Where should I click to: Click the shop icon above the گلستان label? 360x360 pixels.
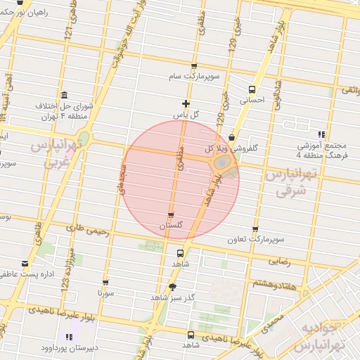pyautogui.click(x=171, y=214)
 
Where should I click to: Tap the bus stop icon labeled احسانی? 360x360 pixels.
pyautogui.click(x=252, y=89)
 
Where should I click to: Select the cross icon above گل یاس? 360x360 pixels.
pyautogui.click(x=186, y=103)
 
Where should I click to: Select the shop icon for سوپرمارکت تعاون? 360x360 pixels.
pyautogui.click(x=255, y=229)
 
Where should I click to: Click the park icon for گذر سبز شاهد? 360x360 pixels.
pyautogui.click(x=173, y=286)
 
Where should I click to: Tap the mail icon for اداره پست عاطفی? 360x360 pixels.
pyautogui.click(x=26, y=263)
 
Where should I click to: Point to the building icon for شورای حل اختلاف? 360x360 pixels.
pyautogui.click(x=65, y=95)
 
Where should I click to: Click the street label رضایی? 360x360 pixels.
pyautogui.click(x=278, y=260)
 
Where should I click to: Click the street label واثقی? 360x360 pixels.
pyautogui.click(x=349, y=90)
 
